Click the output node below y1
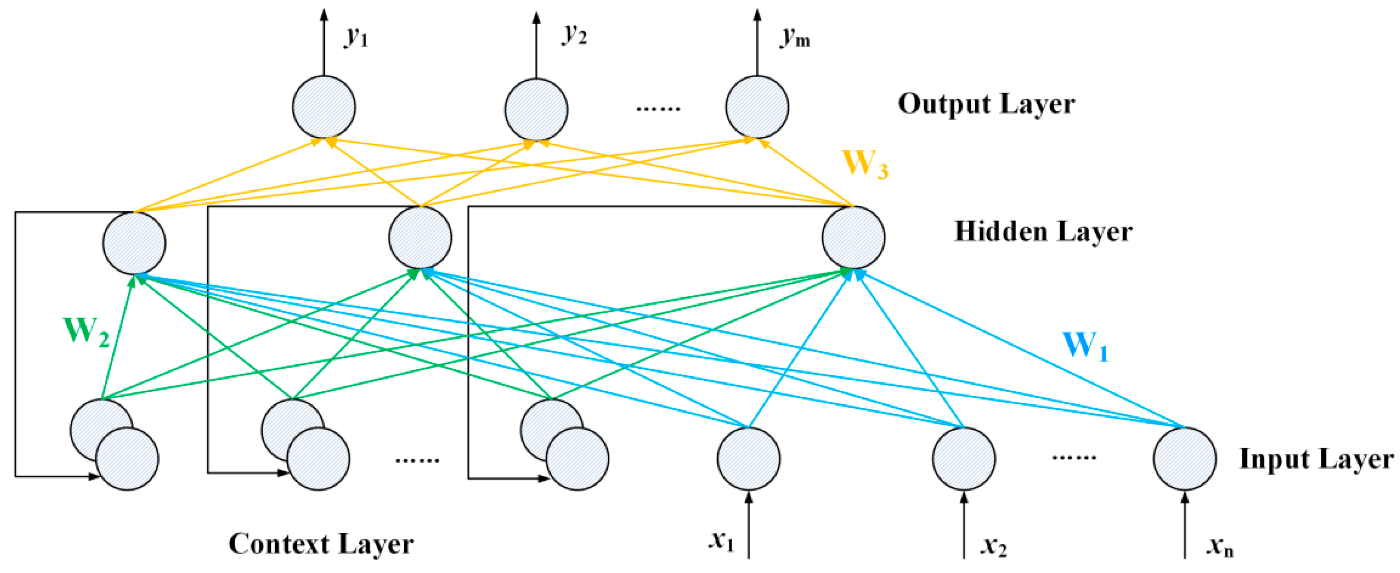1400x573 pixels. point(324,107)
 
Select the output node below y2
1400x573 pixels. point(537,109)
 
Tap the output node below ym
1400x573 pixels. point(757,107)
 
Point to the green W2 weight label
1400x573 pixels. point(86,332)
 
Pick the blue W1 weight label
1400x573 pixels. point(1085,346)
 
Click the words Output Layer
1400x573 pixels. point(986,104)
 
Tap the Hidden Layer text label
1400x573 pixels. point(1043,232)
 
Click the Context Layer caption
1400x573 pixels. point(320,544)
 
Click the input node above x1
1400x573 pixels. point(748,458)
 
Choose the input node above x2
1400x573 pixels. point(964,458)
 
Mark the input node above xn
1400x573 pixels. point(1185,458)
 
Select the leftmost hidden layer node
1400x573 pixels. point(134,243)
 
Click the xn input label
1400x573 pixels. point(1220,545)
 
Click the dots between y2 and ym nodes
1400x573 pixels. point(658,109)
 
